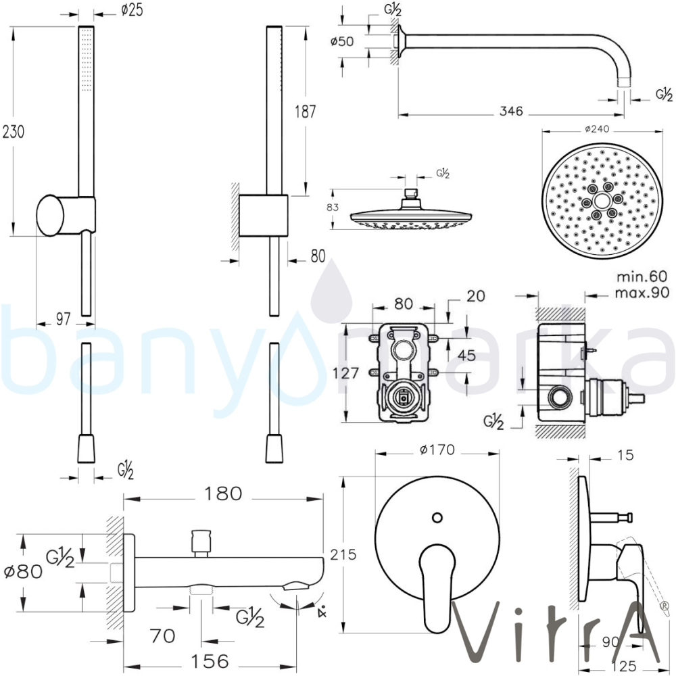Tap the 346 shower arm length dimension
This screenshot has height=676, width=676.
pos(512,112)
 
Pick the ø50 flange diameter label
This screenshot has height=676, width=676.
pos(343,41)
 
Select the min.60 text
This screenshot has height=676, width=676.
pos(642,276)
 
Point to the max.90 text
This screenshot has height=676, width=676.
pos(642,292)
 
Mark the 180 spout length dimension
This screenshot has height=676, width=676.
pos(221,493)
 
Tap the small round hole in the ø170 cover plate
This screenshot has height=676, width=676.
pos(437,517)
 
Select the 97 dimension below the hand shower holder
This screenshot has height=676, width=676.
pos(63,319)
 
